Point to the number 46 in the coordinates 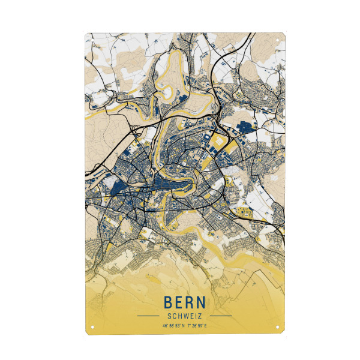pos(164,326)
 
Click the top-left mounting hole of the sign pos(91,41)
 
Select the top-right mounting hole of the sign pos(280,41)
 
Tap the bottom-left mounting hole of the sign pos(91,327)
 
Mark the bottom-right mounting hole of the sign pos(280,327)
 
